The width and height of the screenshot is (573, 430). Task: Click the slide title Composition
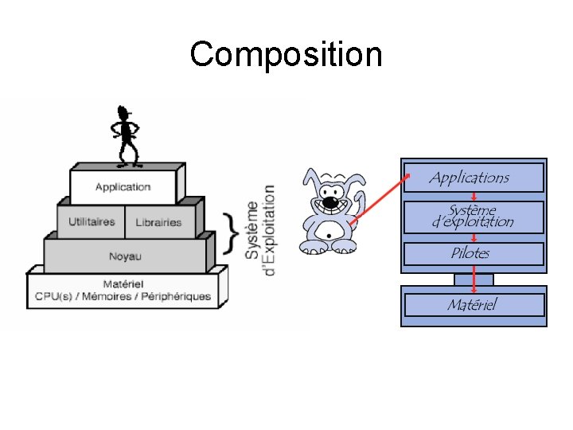[286, 55]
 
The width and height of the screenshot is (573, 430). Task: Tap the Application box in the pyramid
[123, 187]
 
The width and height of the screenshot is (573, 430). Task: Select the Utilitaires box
[92, 222]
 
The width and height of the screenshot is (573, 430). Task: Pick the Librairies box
[158, 223]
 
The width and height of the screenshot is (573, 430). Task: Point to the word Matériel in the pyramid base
[123, 284]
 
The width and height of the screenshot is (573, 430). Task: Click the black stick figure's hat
[123, 111]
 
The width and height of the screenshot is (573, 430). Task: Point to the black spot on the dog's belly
[328, 236]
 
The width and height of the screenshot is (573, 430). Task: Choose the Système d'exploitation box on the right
[473, 217]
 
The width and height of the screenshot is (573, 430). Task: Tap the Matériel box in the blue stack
[472, 304]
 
